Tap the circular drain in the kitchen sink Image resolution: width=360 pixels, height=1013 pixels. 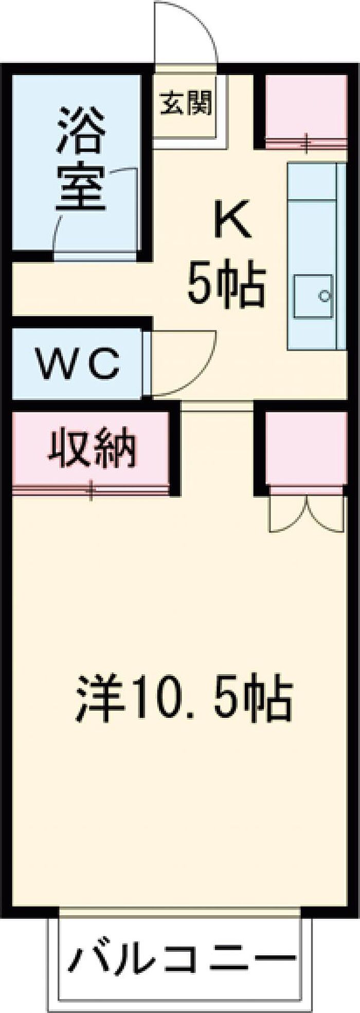325,296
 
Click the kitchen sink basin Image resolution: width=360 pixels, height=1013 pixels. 313,296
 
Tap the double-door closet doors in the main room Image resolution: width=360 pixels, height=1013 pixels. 307,514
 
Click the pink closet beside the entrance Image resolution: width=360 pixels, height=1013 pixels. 307,105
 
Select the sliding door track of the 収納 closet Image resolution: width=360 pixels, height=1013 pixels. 92,490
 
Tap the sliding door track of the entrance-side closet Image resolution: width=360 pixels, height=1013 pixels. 307,143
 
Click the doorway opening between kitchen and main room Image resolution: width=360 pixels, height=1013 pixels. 217,406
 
